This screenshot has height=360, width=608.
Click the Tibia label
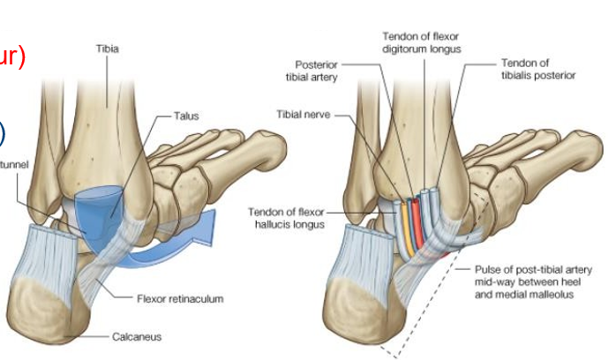click(108, 49)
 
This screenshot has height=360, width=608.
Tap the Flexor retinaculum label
click(180, 299)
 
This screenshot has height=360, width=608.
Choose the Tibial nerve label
click(303, 116)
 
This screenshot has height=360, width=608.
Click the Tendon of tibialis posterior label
click(537, 70)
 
